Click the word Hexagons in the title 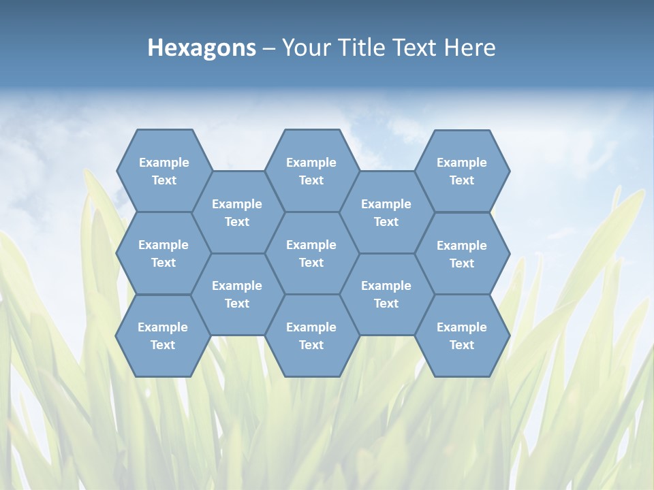(x=202, y=48)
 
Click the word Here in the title (x=470, y=48)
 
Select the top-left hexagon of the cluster (x=163, y=171)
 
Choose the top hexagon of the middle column (x=311, y=171)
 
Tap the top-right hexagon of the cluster (x=462, y=171)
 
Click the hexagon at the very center (x=311, y=253)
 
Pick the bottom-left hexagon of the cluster (x=163, y=336)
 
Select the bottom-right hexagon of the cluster (x=462, y=336)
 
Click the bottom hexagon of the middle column (x=311, y=336)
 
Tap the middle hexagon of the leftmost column (x=163, y=253)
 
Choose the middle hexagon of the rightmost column (x=462, y=254)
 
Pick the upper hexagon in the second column (x=237, y=212)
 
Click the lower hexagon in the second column (x=237, y=294)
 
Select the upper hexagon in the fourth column (x=386, y=212)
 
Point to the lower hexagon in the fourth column (x=386, y=294)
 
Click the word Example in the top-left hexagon (x=163, y=163)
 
